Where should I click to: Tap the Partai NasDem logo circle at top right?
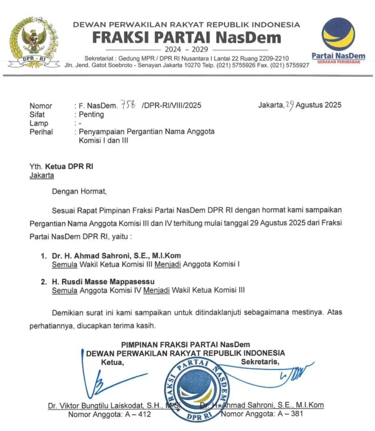(x=338, y=34)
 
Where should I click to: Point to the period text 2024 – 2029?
(x=187, y=49)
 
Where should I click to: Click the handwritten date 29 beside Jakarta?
(x=289, y=105)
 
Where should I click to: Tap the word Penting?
(x=91, y=114)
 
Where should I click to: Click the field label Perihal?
(x=41, y=132)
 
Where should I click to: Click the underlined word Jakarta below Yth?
(x=42, y=175)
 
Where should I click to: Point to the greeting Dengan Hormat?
(x=79, y=191)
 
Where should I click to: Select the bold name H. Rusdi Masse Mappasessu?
(x=103, y=282)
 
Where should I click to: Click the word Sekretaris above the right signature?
(x=260, y=362)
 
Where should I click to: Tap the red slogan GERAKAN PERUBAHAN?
(x=338, y=62)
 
